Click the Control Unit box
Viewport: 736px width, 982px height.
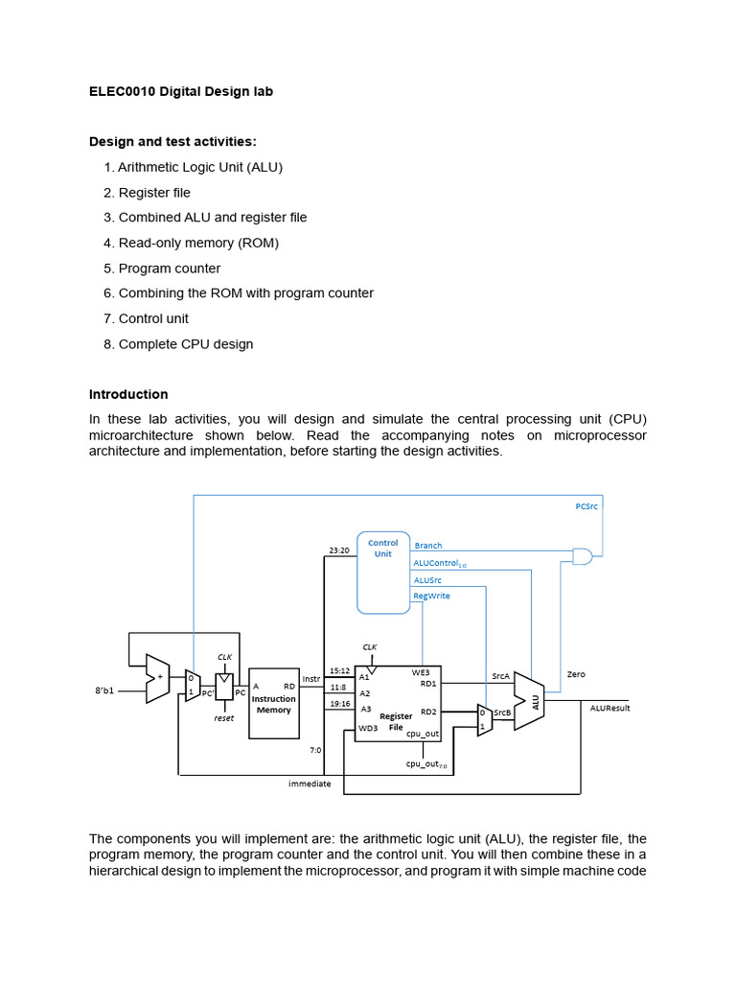click(383, 572)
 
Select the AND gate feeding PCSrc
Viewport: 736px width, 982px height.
click(582, 555)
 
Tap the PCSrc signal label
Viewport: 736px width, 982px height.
click(586, 505)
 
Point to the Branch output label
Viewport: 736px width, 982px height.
click(428, 546)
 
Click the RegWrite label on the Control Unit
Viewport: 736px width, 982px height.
click(431, 596)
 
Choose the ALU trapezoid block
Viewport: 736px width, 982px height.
click(529, 701)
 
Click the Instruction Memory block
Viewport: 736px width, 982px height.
click(274, 703)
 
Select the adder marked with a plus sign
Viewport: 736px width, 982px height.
click(157, 678)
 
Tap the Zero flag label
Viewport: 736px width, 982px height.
click(576, 674)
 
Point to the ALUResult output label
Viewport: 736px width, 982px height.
click(610, 708)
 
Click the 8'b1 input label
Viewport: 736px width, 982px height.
click(105, 690)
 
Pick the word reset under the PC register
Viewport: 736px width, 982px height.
click(224, 717)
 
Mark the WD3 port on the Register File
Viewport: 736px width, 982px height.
click(368, 728)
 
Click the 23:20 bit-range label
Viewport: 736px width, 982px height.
click(339, 549)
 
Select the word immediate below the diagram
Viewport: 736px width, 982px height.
click(310, 783)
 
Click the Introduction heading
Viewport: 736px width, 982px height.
click(128, 394)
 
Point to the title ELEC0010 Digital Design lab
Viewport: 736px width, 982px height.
click(181, 92)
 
